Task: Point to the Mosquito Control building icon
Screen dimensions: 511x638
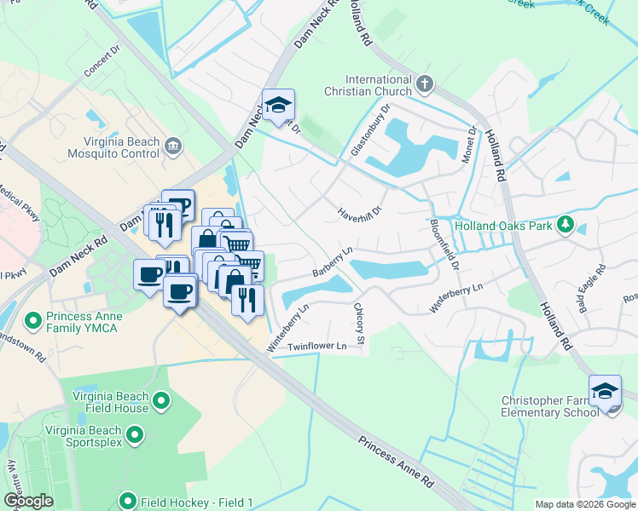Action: point(174,146)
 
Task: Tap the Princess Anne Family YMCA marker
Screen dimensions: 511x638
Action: point(33,321)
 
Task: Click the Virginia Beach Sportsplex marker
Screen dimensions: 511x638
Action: point(134,436)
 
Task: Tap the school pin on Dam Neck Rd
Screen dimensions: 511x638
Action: point(278,106)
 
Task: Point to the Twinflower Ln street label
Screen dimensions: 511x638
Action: point(317,347)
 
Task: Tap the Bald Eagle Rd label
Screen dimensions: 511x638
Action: point(590,286)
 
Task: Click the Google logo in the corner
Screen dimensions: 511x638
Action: point(28,501)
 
